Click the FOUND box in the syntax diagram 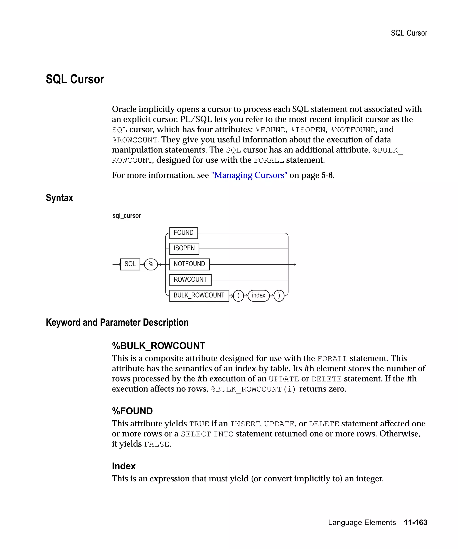point(183,233)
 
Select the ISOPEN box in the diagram point(184,248)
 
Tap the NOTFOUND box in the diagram point(189,264)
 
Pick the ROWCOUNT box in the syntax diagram point(190,280)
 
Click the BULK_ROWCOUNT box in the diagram point(199,295)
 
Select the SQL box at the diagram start point(130,264)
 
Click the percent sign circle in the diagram point(151,264)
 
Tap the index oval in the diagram point(258,295)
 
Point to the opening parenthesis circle point(238,296)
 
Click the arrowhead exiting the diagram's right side point(295,264)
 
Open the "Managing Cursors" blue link point(249,175)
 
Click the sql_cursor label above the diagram point(127,216)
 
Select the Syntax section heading point(59,198)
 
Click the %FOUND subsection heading point(132,411)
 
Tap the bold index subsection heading point(124,466)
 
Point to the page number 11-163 point(415,522)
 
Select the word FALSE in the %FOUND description point(157,444)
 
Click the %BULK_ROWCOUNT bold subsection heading point(158,346)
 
